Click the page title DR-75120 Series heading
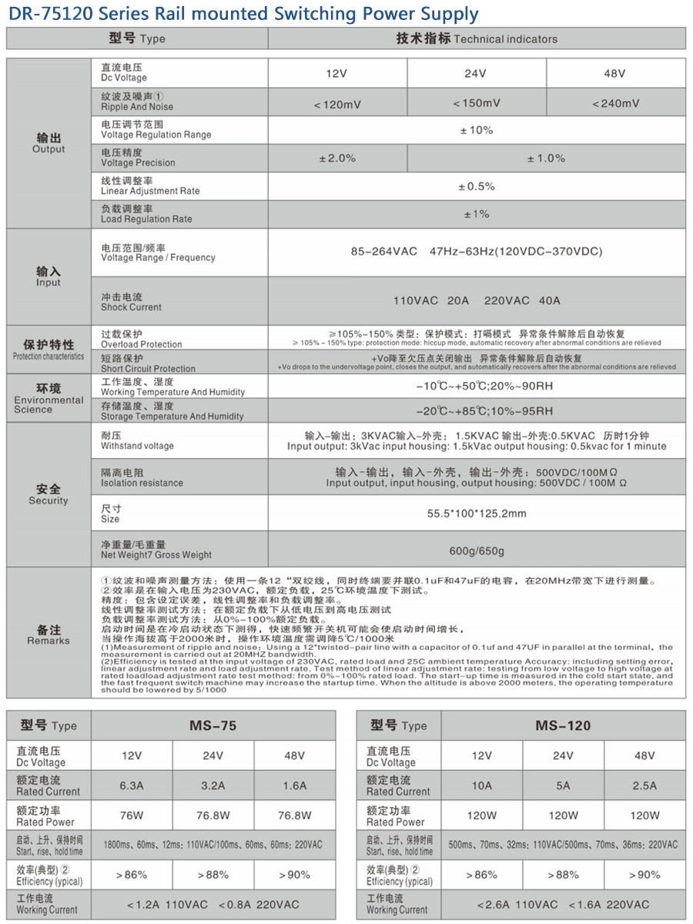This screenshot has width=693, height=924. [x=243, y=14]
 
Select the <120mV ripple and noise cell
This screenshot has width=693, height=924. [x=337, y=104]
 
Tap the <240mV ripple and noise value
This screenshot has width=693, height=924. [x=615, y=104]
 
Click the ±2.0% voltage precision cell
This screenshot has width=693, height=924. [x=337, y=158]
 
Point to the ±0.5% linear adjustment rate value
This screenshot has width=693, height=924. [x=477, y=186]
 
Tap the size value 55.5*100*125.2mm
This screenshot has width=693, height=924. [x=477, y=514]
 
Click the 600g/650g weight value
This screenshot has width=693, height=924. [x=477, y=551]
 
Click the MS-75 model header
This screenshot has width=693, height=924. [x=213, y=725]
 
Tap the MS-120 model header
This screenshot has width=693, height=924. [x=563, y=725]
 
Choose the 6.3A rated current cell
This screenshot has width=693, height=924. [x=131, y=785]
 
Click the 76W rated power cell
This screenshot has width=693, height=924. [x=131, y=815]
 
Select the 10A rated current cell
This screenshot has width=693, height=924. [x=481, y=785]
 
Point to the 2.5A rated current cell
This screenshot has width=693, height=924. [x=644, y=785]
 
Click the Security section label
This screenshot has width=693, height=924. [x=49, y=494]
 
